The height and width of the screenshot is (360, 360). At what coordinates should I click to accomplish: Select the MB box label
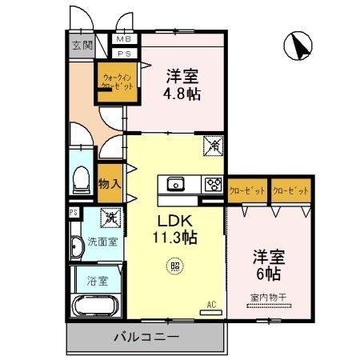click(x=125, y=38)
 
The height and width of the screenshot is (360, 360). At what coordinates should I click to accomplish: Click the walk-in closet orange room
click(x=114, y=82)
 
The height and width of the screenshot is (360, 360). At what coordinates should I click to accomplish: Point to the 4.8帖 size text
click(x=183, y=94)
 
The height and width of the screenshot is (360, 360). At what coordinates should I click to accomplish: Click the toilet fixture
click(x=82, y=182)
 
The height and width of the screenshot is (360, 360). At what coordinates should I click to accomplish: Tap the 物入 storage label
click(x=110, y=184)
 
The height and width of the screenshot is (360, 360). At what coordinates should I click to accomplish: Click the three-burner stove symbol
click(x=213, y=183)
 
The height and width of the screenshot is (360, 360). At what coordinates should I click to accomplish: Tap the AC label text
click(x=212, y=304)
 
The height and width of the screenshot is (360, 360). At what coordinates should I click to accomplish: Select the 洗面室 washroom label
click(x=102, y=242)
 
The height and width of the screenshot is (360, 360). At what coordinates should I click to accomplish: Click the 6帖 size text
click(x=268, y=273)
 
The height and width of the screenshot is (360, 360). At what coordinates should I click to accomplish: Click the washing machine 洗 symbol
click(x=109, y=216)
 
